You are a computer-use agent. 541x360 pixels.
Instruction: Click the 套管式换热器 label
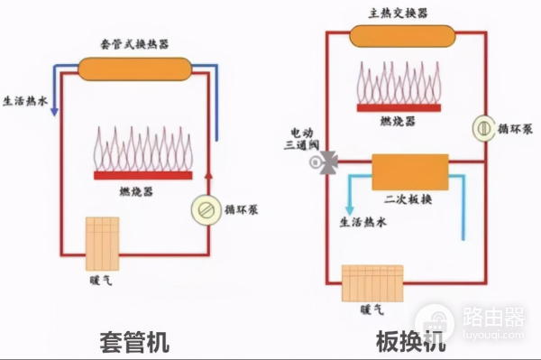[x=134, y=42]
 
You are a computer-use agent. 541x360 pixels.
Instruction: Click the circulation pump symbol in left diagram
[x=205, y=209]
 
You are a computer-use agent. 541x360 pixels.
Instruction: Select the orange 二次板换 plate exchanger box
[x=410, y=171]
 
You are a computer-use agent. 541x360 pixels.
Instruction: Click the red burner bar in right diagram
[x=398, y=107]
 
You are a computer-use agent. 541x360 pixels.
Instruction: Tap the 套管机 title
[x=134, y=341]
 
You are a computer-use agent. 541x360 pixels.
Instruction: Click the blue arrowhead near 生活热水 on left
[x=55, y=111]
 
